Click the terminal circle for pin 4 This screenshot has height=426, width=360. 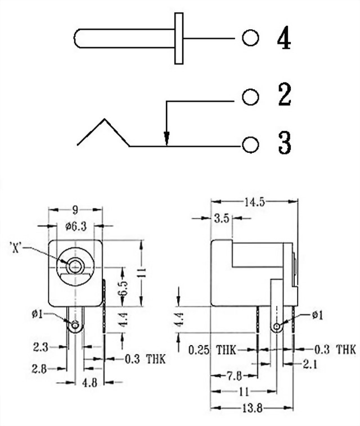pyautogui.click(x=250, y=38)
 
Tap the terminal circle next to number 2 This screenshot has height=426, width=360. pyautogui.click(x=250, y=97)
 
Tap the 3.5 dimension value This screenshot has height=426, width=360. pyautogui.click(x=222, y=219)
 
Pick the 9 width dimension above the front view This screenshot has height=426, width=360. pyautogui.click(x=75, y=210)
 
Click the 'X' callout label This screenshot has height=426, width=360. pyautogui.click(x=16, y=247)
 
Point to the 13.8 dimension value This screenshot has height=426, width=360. pyautogui.click(x=254, y=409)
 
